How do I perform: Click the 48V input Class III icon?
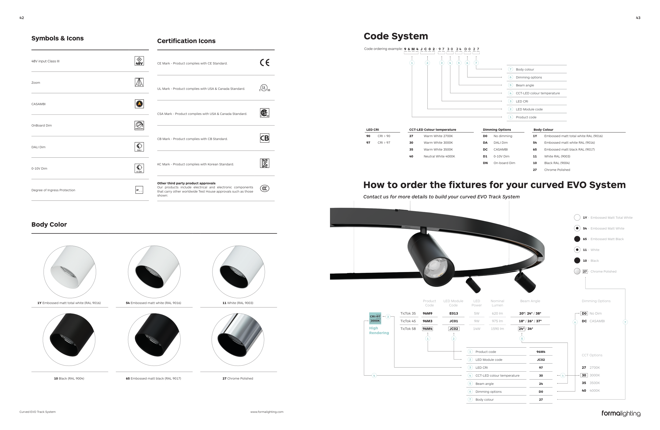coord(139,61)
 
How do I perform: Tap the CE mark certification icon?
coord(265,63)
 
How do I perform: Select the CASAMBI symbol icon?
coord(139,104)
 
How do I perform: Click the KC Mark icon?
coord(265,163)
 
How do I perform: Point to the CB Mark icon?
coord(265,138)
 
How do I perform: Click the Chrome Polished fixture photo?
coord(238,340)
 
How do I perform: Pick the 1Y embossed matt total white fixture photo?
coord(70,272)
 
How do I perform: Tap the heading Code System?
coord(396,36)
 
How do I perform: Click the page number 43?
coord(638,18)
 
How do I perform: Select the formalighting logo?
coord(621,413)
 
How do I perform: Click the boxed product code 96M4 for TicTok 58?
coord(427,329)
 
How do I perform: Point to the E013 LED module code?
coord(454,314)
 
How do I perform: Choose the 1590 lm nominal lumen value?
coord(497,329)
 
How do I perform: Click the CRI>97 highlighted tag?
coord(375,316)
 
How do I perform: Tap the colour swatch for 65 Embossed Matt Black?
coord(577,239)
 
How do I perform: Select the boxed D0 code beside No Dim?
coord(584,314)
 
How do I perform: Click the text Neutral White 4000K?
coord(439,156)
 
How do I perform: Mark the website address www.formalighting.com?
coord(267,412)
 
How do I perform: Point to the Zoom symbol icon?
coord(139,82)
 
